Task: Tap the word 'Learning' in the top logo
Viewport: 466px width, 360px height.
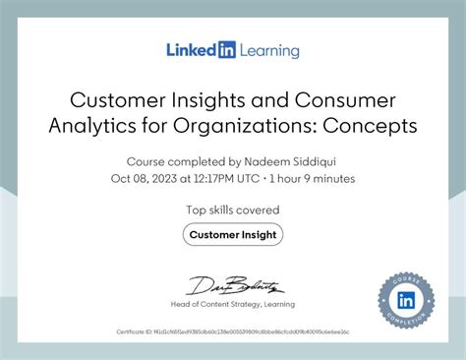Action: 266,49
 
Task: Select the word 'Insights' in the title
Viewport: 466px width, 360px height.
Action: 218,101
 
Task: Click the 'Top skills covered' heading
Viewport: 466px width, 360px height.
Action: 233,210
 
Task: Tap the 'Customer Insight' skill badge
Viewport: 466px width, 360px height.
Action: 233,234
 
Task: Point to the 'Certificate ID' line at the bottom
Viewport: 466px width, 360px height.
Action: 233,332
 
